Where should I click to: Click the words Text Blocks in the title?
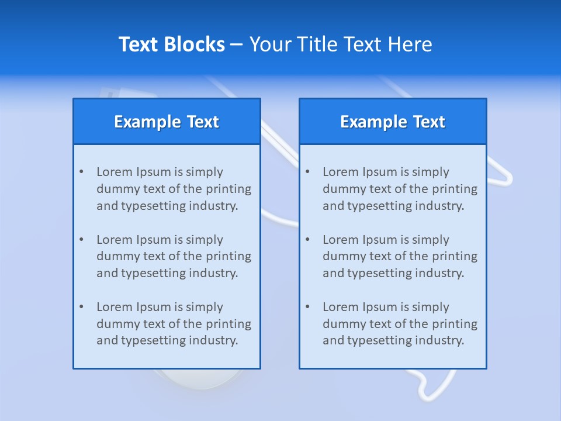172,44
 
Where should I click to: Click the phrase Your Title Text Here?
341,44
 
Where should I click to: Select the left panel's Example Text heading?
167,122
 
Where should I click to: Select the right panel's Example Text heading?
393,122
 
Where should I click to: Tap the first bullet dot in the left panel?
81,172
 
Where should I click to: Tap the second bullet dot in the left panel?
81,240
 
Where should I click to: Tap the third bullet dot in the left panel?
81,307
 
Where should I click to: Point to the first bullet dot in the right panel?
307,172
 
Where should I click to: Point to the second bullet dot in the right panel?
307,240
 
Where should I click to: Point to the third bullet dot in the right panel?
307,307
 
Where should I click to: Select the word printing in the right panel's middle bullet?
455,256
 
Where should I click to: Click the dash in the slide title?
237,44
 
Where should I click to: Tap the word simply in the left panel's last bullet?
205,307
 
